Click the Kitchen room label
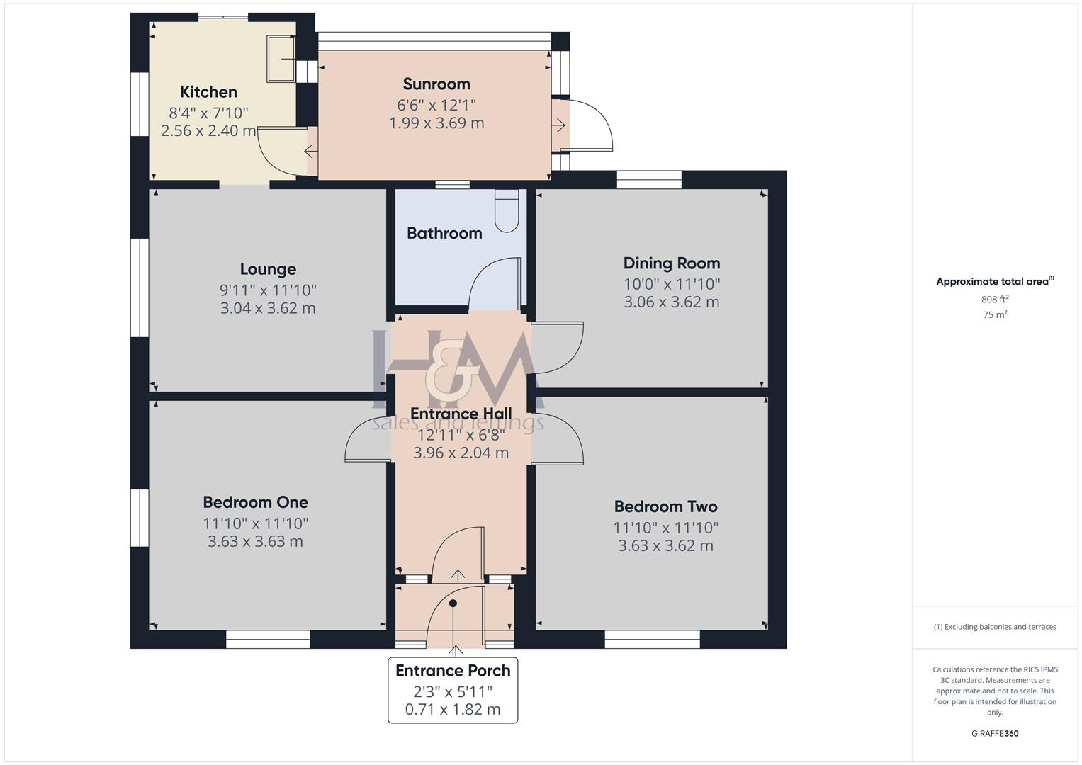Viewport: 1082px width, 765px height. click(208, 92)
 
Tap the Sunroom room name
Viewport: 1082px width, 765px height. click(436, 84)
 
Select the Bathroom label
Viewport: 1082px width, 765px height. click(444, 233)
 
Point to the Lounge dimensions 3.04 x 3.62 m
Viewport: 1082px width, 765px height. click(268, 308)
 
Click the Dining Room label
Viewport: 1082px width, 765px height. click(672, 263)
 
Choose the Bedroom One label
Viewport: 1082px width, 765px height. click(255, 503)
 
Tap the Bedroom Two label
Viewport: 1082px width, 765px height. click(665, 507)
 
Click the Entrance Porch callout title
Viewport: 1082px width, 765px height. click(453, 671)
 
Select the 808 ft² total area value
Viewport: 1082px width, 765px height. click(995, 300)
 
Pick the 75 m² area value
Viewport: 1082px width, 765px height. click(995, 315)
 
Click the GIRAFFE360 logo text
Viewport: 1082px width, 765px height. click(995, 734)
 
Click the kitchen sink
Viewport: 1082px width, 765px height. click(281, 58)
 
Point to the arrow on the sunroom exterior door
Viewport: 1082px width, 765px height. click(558, 126)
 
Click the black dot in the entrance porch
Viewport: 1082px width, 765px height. click(453, 603)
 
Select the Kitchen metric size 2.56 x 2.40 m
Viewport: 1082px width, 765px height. click(208, 131)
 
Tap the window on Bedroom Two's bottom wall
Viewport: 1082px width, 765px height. click(653, 640)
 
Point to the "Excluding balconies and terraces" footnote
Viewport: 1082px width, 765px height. click(995, 627)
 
